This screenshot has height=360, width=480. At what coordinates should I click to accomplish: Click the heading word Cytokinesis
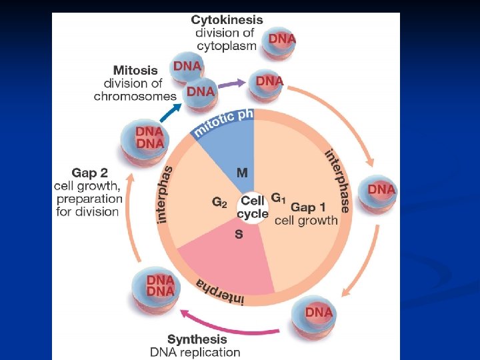227,21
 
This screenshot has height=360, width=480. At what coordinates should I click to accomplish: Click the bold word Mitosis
135,70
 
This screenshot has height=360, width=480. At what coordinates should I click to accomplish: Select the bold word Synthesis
197,339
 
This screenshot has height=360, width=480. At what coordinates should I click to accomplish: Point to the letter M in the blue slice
242,173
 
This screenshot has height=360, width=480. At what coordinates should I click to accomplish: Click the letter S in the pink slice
239,234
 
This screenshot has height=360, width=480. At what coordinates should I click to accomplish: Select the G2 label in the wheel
219,201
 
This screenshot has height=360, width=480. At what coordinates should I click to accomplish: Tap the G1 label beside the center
278,199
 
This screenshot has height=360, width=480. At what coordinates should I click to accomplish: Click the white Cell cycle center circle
253,207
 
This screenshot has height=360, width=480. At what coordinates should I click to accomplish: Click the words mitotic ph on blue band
223,123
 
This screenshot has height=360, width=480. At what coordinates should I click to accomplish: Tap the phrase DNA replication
195,352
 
